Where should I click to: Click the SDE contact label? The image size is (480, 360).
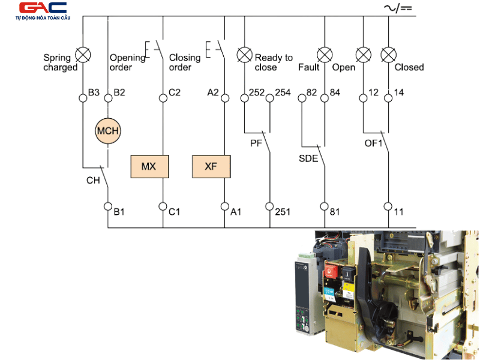pyautogui.click(x=308, y=158)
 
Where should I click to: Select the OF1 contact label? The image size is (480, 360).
pyautogui.click(x=373, y=143)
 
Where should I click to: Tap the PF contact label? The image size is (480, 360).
pyautogui.click(x=256, y=143)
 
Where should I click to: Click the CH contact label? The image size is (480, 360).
pyautogui.click(x=93, y=181)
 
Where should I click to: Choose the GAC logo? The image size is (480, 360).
pyautogui.click(x=43, y=11)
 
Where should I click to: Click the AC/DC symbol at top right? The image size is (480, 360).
pyautogui.click(x=398, y=8)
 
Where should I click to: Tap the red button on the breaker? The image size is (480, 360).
pyautogui.click(x=331, y=271)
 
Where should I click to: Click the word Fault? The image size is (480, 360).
pyautogui.click(x=309, y=67)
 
